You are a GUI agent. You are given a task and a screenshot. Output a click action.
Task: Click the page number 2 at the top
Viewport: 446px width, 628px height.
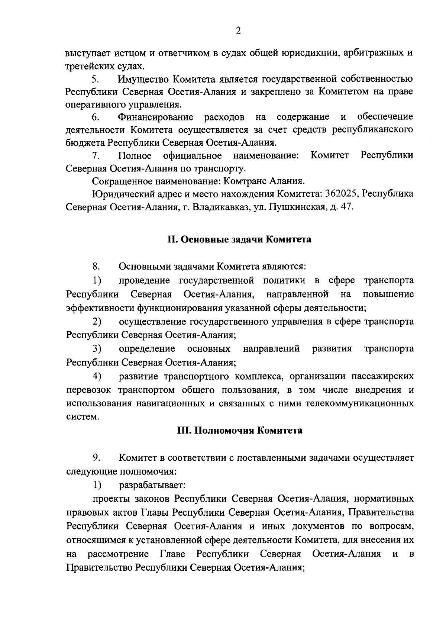tap(239, 31)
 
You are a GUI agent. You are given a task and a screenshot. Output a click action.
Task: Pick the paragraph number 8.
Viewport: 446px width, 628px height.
tap(95, 267)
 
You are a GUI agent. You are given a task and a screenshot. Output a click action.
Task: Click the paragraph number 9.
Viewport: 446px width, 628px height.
tap(95, 458)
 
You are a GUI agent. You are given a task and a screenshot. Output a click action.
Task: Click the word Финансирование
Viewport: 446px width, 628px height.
tap(156, 117)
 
